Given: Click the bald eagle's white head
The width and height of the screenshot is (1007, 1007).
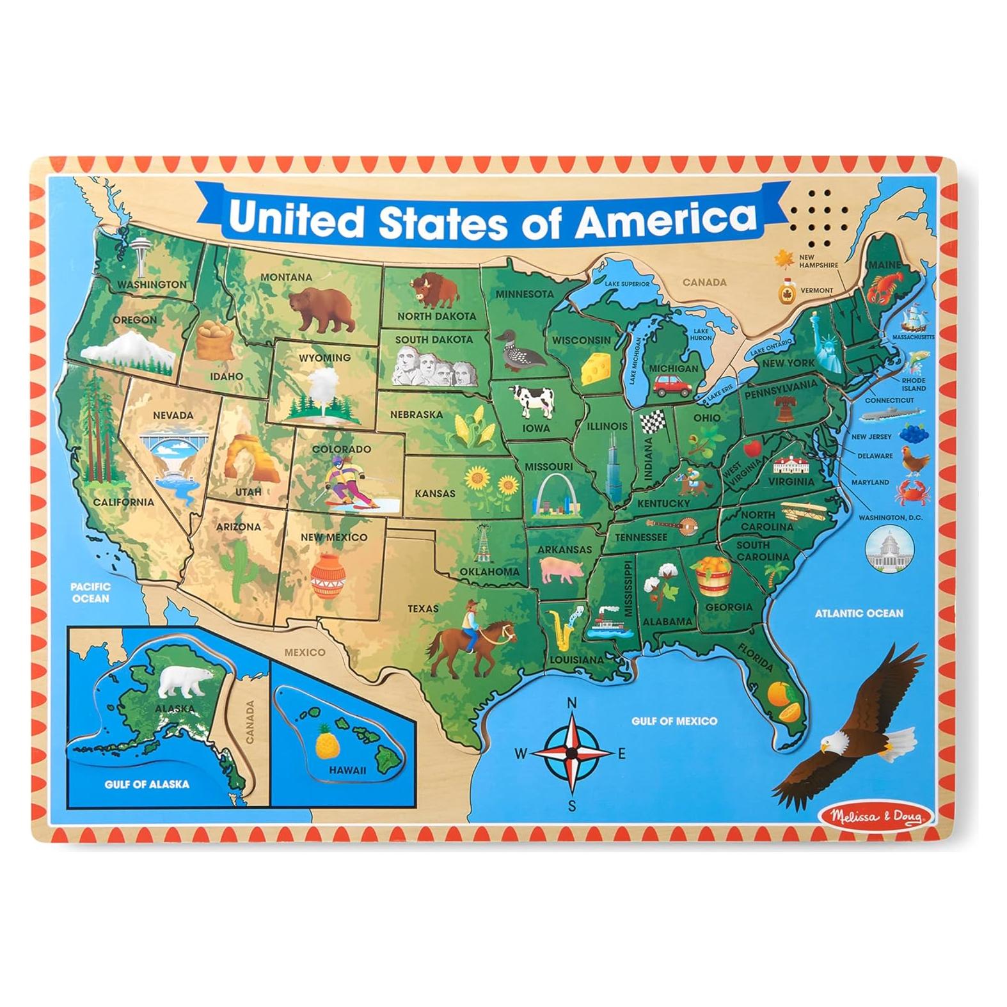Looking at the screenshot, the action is tap(833, 742).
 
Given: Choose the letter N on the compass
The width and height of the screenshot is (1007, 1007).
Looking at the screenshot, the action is tap(572, 703).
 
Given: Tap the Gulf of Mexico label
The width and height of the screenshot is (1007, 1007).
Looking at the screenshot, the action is tap(674, 721).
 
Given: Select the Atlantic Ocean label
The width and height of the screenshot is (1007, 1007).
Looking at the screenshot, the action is tap(859, 613).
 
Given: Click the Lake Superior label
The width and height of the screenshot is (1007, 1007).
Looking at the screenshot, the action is tap(627, 283).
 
